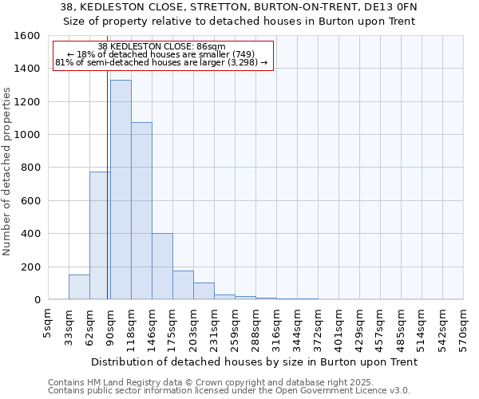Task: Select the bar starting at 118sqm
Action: (x=141, y=211)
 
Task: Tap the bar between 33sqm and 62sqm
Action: (x=79, y=287)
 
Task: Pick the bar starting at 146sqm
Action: (x=162, y=267)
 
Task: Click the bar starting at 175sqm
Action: (x=183, y=285)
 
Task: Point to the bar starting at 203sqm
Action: (x=204, y=291)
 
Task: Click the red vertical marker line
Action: (x=107, y=199)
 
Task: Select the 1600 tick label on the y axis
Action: (x=28, y=36)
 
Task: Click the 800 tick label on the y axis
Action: (x=31, y=168)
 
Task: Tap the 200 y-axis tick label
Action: (x=31, y=267)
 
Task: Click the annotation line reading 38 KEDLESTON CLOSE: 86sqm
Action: (x=162, y=46)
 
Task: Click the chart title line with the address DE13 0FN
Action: (x=239, y=6)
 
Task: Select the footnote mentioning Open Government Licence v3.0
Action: (x=228, y=391)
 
